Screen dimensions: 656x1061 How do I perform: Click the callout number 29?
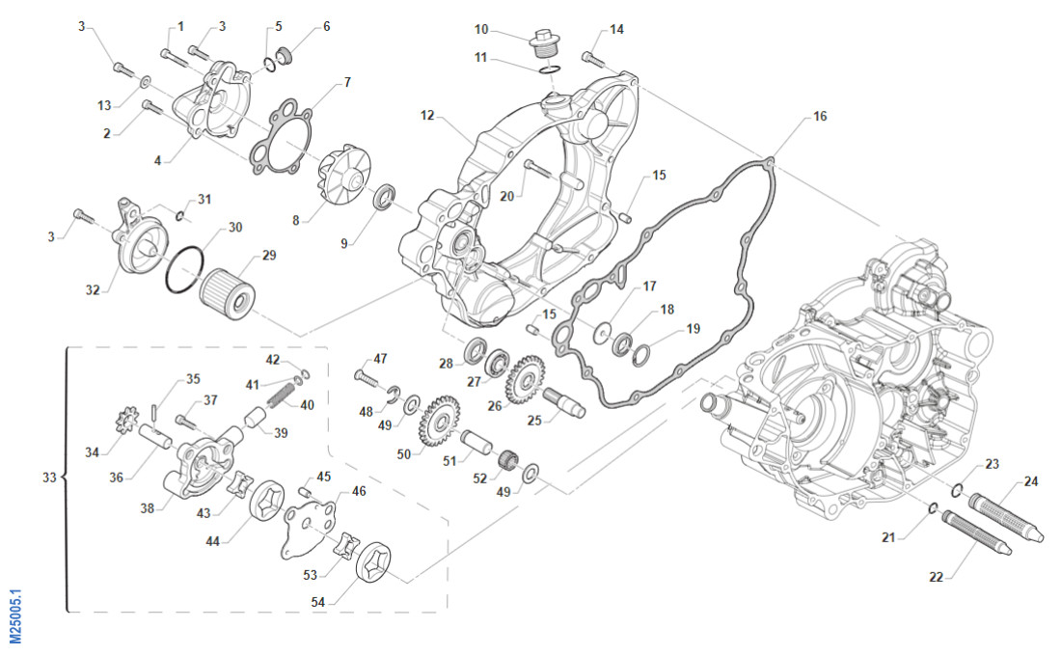pos(269,256)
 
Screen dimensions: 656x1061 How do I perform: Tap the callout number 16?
pos(819,117)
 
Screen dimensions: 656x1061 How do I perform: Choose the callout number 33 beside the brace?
pos(50,477)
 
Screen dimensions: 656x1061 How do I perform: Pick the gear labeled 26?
pos(526,378)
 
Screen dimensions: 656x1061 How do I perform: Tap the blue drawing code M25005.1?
pos(16,616)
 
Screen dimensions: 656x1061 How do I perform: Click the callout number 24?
pos(1031,480)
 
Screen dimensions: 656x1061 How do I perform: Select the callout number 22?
pos(936,577)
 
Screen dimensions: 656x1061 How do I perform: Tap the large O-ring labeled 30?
pos(184,267)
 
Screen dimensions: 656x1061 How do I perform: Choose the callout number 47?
pos(380,359)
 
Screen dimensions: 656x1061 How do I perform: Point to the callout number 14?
pos(616,29)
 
